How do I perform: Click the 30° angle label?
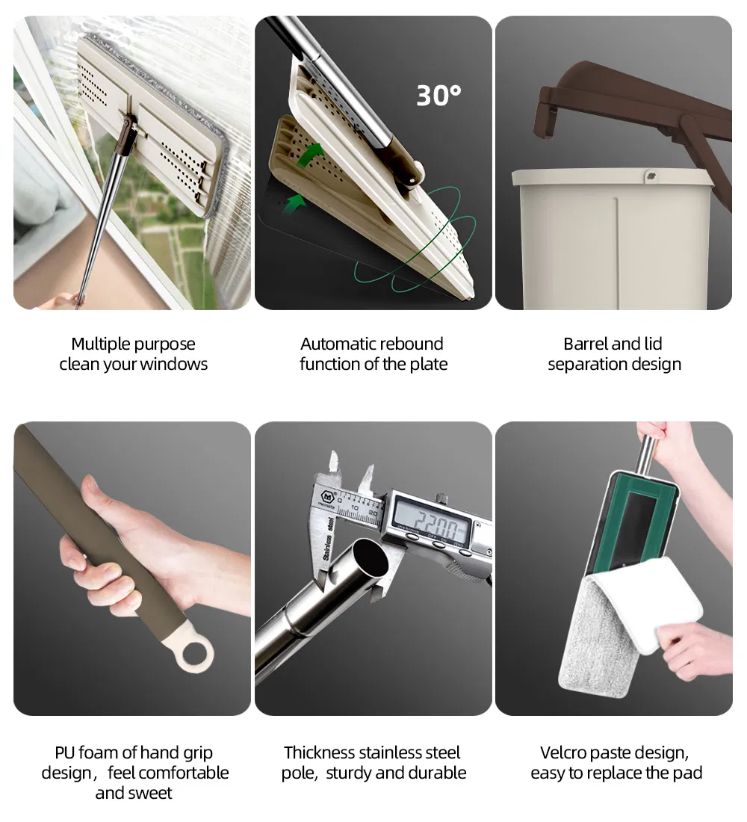pyautogui.click(x=438, y=96)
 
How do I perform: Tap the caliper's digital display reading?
pyautogui.click(x=433, y=520)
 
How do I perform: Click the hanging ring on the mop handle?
pyautogui.click(x=194, y=653)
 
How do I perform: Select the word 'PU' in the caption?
pyautogui.click(x=64, y=753)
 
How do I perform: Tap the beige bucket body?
pyautogui.click(x=613, y=241)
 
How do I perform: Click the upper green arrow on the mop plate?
pyautogui.click(x=311, y=155)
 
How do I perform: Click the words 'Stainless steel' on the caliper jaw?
pyautogui.click(x=329, y=540)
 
